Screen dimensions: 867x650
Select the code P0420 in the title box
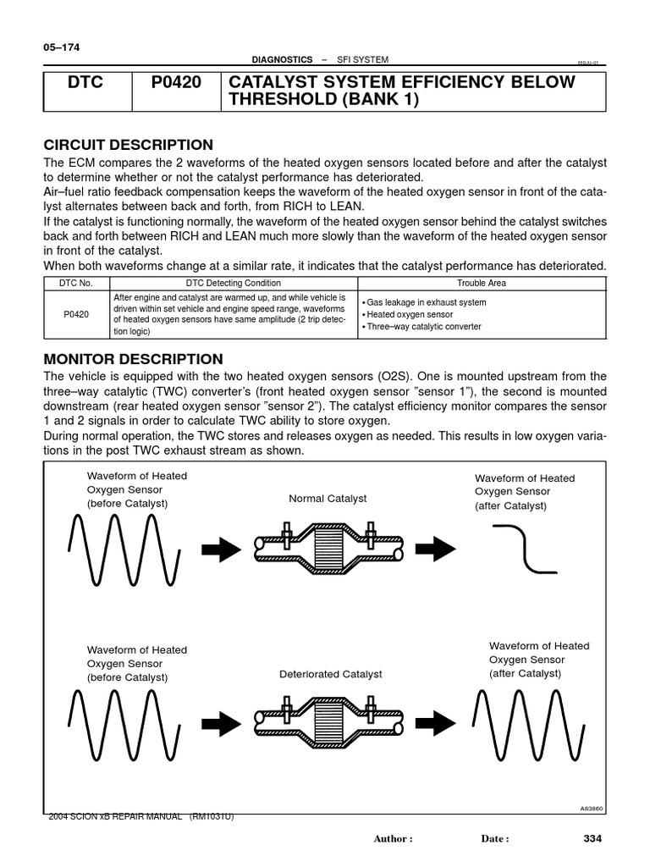[176, 83]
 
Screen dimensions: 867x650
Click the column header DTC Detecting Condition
[234, 283]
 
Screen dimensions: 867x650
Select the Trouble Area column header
[482, 283]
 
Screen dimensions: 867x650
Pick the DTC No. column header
[76, 283]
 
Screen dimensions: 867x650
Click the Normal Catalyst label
[328, 499]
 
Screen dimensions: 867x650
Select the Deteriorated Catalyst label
[331, 674]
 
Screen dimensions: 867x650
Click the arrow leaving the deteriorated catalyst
[436, 721]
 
